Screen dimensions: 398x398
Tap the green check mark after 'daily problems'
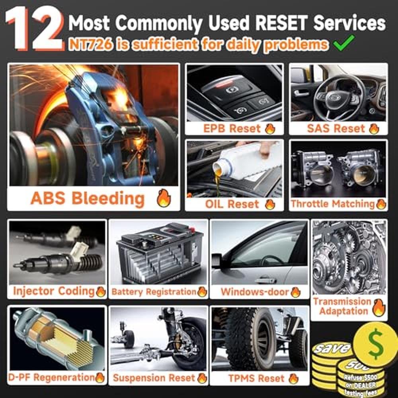(344, 43)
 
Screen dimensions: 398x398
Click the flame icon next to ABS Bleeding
(164, 198)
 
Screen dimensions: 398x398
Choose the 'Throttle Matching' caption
(333, 204)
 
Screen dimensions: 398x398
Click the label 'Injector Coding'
(54, 291)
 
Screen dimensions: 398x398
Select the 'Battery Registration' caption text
(154, 292)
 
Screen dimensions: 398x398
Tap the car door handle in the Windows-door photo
(265, 281)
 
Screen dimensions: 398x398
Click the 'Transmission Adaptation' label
(342, 306)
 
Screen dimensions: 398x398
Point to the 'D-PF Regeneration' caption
(51, 377)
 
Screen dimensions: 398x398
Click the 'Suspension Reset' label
(154, 378)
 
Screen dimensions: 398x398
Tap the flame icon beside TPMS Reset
(294, 378)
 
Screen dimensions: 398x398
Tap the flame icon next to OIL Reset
(270, 204)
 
